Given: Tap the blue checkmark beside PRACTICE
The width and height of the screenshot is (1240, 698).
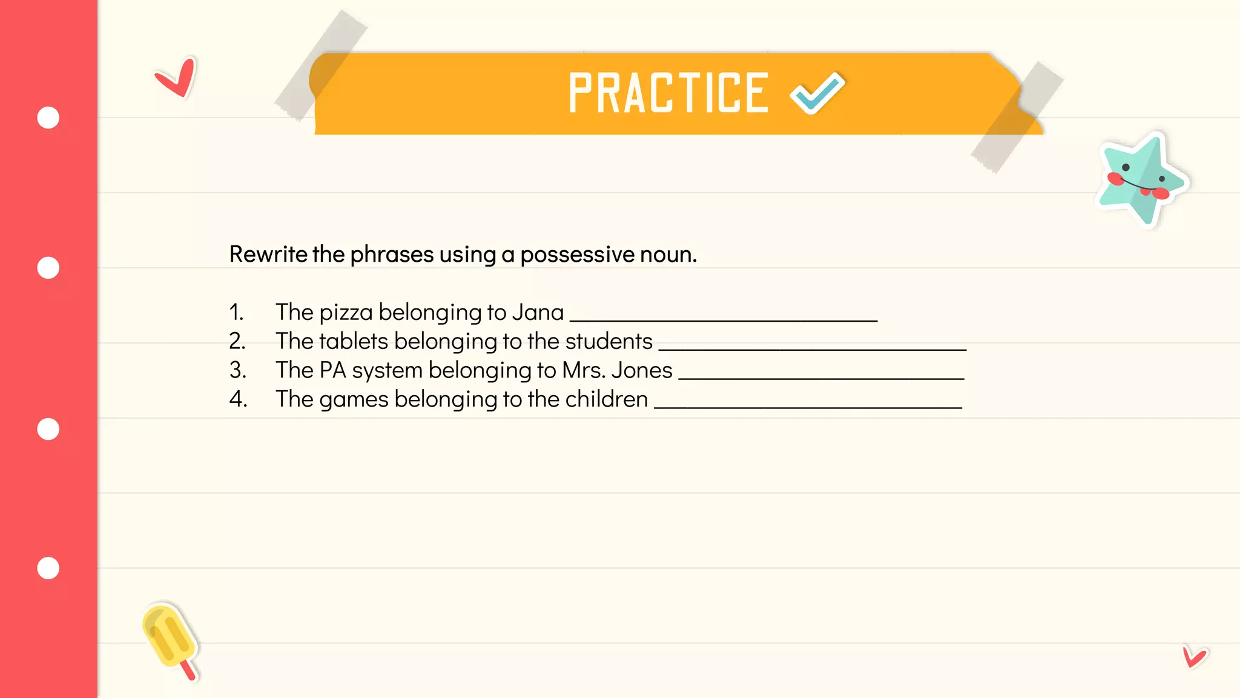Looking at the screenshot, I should coord(817,93).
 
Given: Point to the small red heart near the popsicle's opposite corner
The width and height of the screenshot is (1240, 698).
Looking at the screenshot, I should coord(1194,657).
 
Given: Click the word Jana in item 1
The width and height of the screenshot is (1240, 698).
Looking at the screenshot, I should coord(538,313).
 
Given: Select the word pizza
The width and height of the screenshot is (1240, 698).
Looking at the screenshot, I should coord(346,313).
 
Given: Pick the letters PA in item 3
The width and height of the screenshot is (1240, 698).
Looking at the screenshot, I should coord(332,370).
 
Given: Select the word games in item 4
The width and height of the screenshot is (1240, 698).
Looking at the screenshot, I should coord(354,400).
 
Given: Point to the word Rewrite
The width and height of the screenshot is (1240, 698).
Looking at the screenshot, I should coord(268,254).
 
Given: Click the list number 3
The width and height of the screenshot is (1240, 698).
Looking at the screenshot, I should coord(237,370).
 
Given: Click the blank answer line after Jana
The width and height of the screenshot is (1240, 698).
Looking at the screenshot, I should coord(724,319).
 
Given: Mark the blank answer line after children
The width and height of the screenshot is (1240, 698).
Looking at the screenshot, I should coord(808,406).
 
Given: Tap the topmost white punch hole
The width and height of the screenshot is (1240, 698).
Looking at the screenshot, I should coord(48,118).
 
